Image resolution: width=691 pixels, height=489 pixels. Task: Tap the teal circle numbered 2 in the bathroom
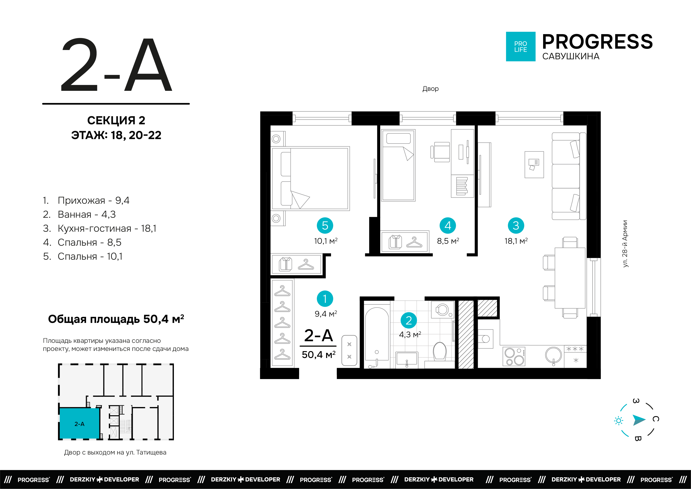[x=408, y=320]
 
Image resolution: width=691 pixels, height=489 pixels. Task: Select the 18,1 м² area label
[x=516, y=241]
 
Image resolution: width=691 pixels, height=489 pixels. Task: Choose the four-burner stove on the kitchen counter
[x=514, y=357]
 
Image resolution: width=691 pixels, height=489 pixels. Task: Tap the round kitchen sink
[x=553, y=355]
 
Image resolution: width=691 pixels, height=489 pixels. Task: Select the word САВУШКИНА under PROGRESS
[x=571, y=56]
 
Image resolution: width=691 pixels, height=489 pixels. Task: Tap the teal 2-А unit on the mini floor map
[x=79, y=423]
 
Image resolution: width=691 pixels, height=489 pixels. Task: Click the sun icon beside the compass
[x=619, y=420]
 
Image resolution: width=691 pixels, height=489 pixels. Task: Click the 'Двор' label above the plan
[x=430, y=89]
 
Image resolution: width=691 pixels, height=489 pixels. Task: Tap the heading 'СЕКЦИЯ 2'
[x=116, y=120]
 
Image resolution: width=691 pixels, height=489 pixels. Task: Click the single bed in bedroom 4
[x=398, y=165]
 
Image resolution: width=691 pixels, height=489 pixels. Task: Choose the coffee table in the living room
[x=534, y=165]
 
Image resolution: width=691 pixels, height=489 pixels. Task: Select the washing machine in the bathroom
[x=443, y=310]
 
